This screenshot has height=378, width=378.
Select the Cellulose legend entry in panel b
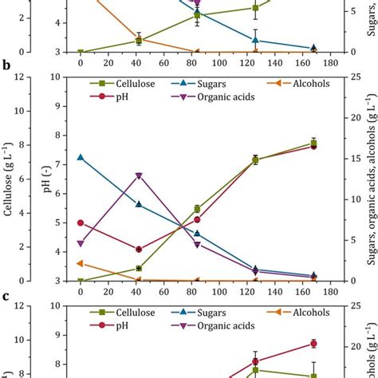click(127, 83)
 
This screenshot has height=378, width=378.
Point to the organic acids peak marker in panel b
click(139, 175)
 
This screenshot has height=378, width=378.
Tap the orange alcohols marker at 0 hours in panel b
click(81, 263)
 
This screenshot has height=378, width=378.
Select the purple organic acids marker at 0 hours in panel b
click(81, 243)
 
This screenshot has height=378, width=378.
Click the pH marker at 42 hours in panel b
click(139, 250)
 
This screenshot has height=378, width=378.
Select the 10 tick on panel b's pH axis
click(56, 77)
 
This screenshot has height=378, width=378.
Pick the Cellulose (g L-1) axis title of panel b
click(9, 179)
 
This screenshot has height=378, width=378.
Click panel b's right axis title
click(371, 179)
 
